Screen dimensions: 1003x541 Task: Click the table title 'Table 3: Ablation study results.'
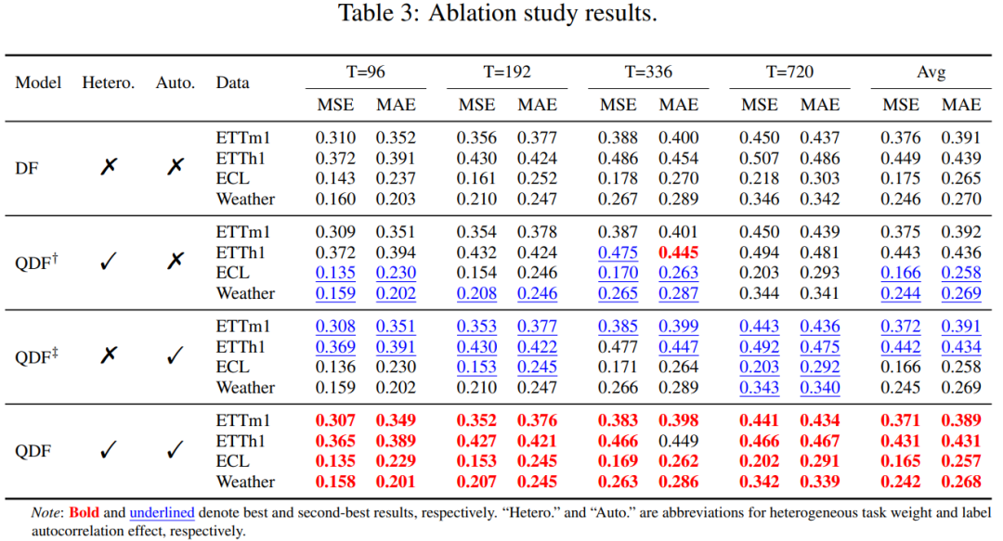(x=498, y=13)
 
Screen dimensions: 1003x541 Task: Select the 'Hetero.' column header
(x=108, y=83)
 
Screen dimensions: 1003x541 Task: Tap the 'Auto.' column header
(x=176, y=83)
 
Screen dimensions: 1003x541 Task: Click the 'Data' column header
(x=232, y=83)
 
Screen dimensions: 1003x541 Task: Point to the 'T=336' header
(x=648, y=71)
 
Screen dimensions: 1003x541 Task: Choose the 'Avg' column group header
(x=931, y=71)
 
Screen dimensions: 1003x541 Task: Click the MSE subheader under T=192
(x=476, y=104)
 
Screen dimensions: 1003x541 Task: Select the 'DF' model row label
(x=26, y=168)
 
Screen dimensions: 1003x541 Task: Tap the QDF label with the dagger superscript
(x=36, y=262)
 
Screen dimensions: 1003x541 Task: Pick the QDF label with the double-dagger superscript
(x=36, y=355)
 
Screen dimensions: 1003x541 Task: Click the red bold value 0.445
(x=678, y=252)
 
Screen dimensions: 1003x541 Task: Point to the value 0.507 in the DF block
(x=759, y=158)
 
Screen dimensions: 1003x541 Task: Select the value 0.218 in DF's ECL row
(x=759, y=178)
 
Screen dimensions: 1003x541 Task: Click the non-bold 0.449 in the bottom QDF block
(x=678, y=441)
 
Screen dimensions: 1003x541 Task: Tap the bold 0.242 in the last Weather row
(x=900, y=482)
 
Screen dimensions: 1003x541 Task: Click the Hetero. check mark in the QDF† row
(x=108, y=260)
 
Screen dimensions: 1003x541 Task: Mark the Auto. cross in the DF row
(x=176, y=166)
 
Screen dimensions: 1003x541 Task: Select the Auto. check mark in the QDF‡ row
(x=176, y=354)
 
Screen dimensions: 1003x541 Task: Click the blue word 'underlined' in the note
(x=162, y=512)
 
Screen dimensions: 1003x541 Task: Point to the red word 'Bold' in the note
(x=84, y=512)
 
